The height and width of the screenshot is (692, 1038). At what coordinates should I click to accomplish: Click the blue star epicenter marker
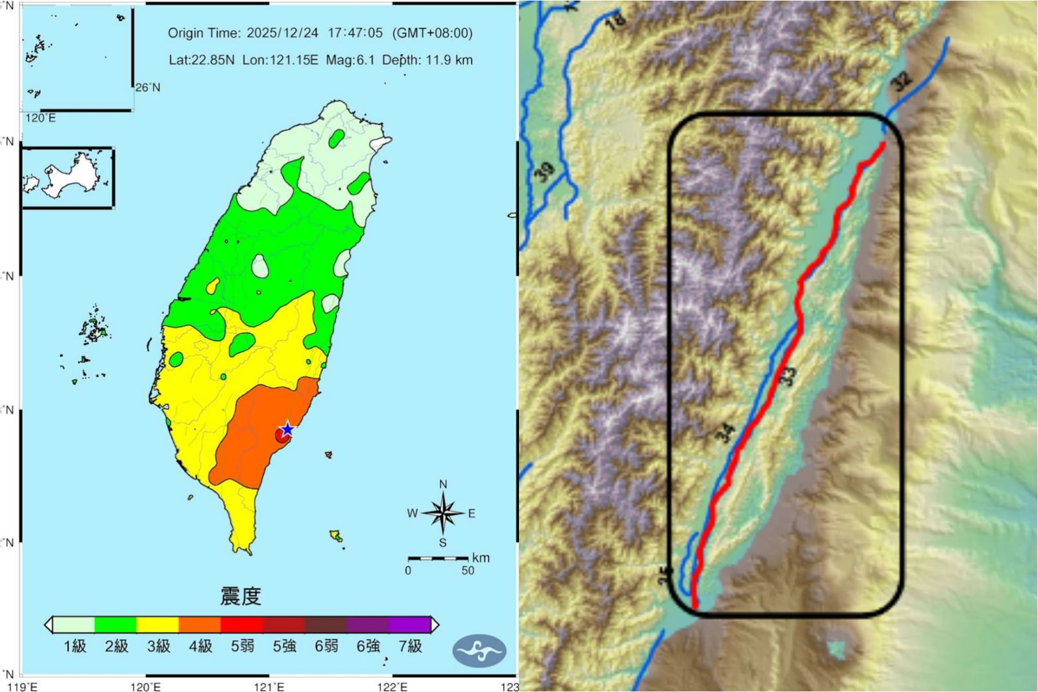coord(287,429)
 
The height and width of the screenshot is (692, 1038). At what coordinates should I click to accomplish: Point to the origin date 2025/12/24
coord(282,33)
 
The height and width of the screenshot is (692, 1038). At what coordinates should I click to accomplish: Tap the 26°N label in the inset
coord(148,88)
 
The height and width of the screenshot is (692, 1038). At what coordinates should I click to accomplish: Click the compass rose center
coord(443,513)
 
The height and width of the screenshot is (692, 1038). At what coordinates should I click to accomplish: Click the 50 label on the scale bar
coord(468,571)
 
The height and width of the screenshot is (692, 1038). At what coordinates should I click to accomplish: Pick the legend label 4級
coord(200,646)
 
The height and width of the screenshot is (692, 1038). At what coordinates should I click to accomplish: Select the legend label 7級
coord(410,646)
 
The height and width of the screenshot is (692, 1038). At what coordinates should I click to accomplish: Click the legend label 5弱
coord(243,646)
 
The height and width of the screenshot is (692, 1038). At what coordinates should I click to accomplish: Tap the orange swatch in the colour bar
coord(199,624)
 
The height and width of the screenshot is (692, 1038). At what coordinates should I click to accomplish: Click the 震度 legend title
coord(241,595)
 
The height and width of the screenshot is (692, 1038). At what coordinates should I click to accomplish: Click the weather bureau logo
coord(479,651)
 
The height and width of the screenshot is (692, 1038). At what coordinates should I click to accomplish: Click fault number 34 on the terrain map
coord(726,433)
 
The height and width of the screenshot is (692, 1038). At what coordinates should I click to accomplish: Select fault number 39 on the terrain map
coord(544,172)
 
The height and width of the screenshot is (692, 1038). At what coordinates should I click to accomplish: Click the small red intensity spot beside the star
coord(281,436)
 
